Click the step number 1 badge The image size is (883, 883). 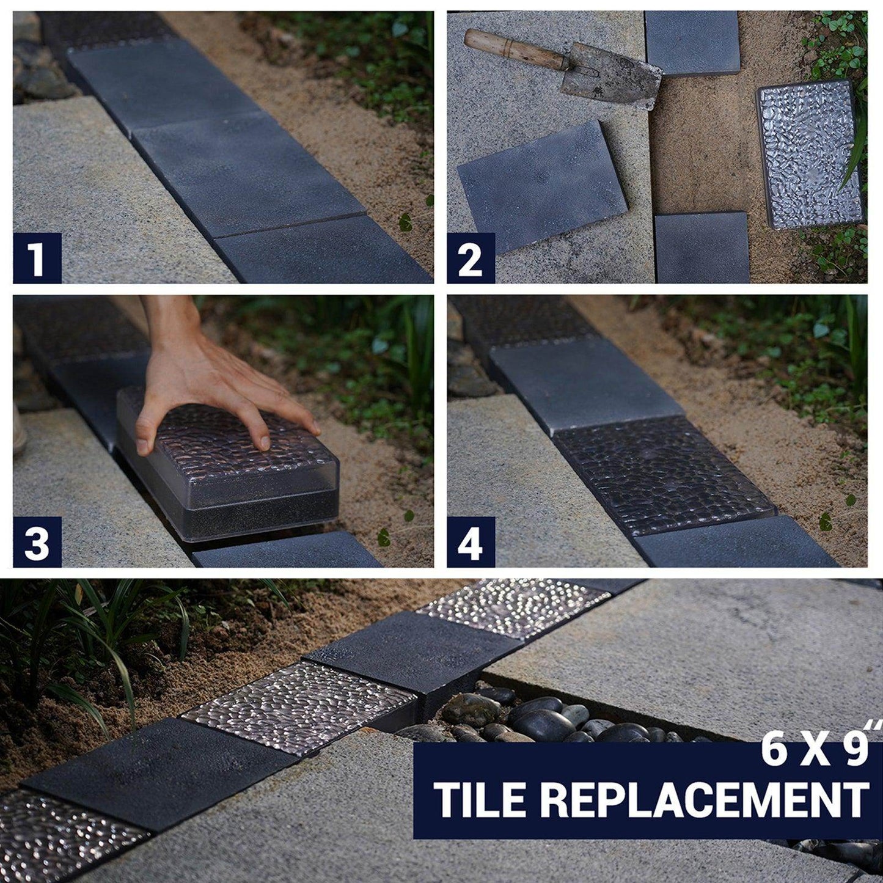[37, 258]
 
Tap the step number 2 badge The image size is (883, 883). [471, 258]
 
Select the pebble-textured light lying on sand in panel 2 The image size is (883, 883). [810, 153]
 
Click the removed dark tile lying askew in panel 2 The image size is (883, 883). [543, 186]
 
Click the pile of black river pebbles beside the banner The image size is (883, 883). [538, 715]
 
